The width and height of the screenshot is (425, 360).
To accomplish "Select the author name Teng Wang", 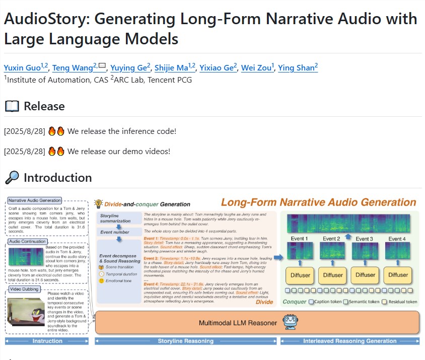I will click(78, 68).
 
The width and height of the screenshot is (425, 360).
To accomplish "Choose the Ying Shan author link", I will click(297, 68).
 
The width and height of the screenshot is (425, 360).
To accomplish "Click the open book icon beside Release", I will click(11, 106).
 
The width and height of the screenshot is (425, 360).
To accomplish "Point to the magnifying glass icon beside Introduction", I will click(11, 177).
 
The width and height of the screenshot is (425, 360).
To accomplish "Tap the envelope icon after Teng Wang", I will click(102, 65).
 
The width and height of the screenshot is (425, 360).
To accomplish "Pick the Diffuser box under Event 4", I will click(398, 275).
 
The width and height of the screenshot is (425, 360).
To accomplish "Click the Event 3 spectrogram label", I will click(364, 238).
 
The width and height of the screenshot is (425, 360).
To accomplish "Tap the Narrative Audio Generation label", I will click(35, 200).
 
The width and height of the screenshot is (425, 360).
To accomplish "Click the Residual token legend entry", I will click(398, 302).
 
